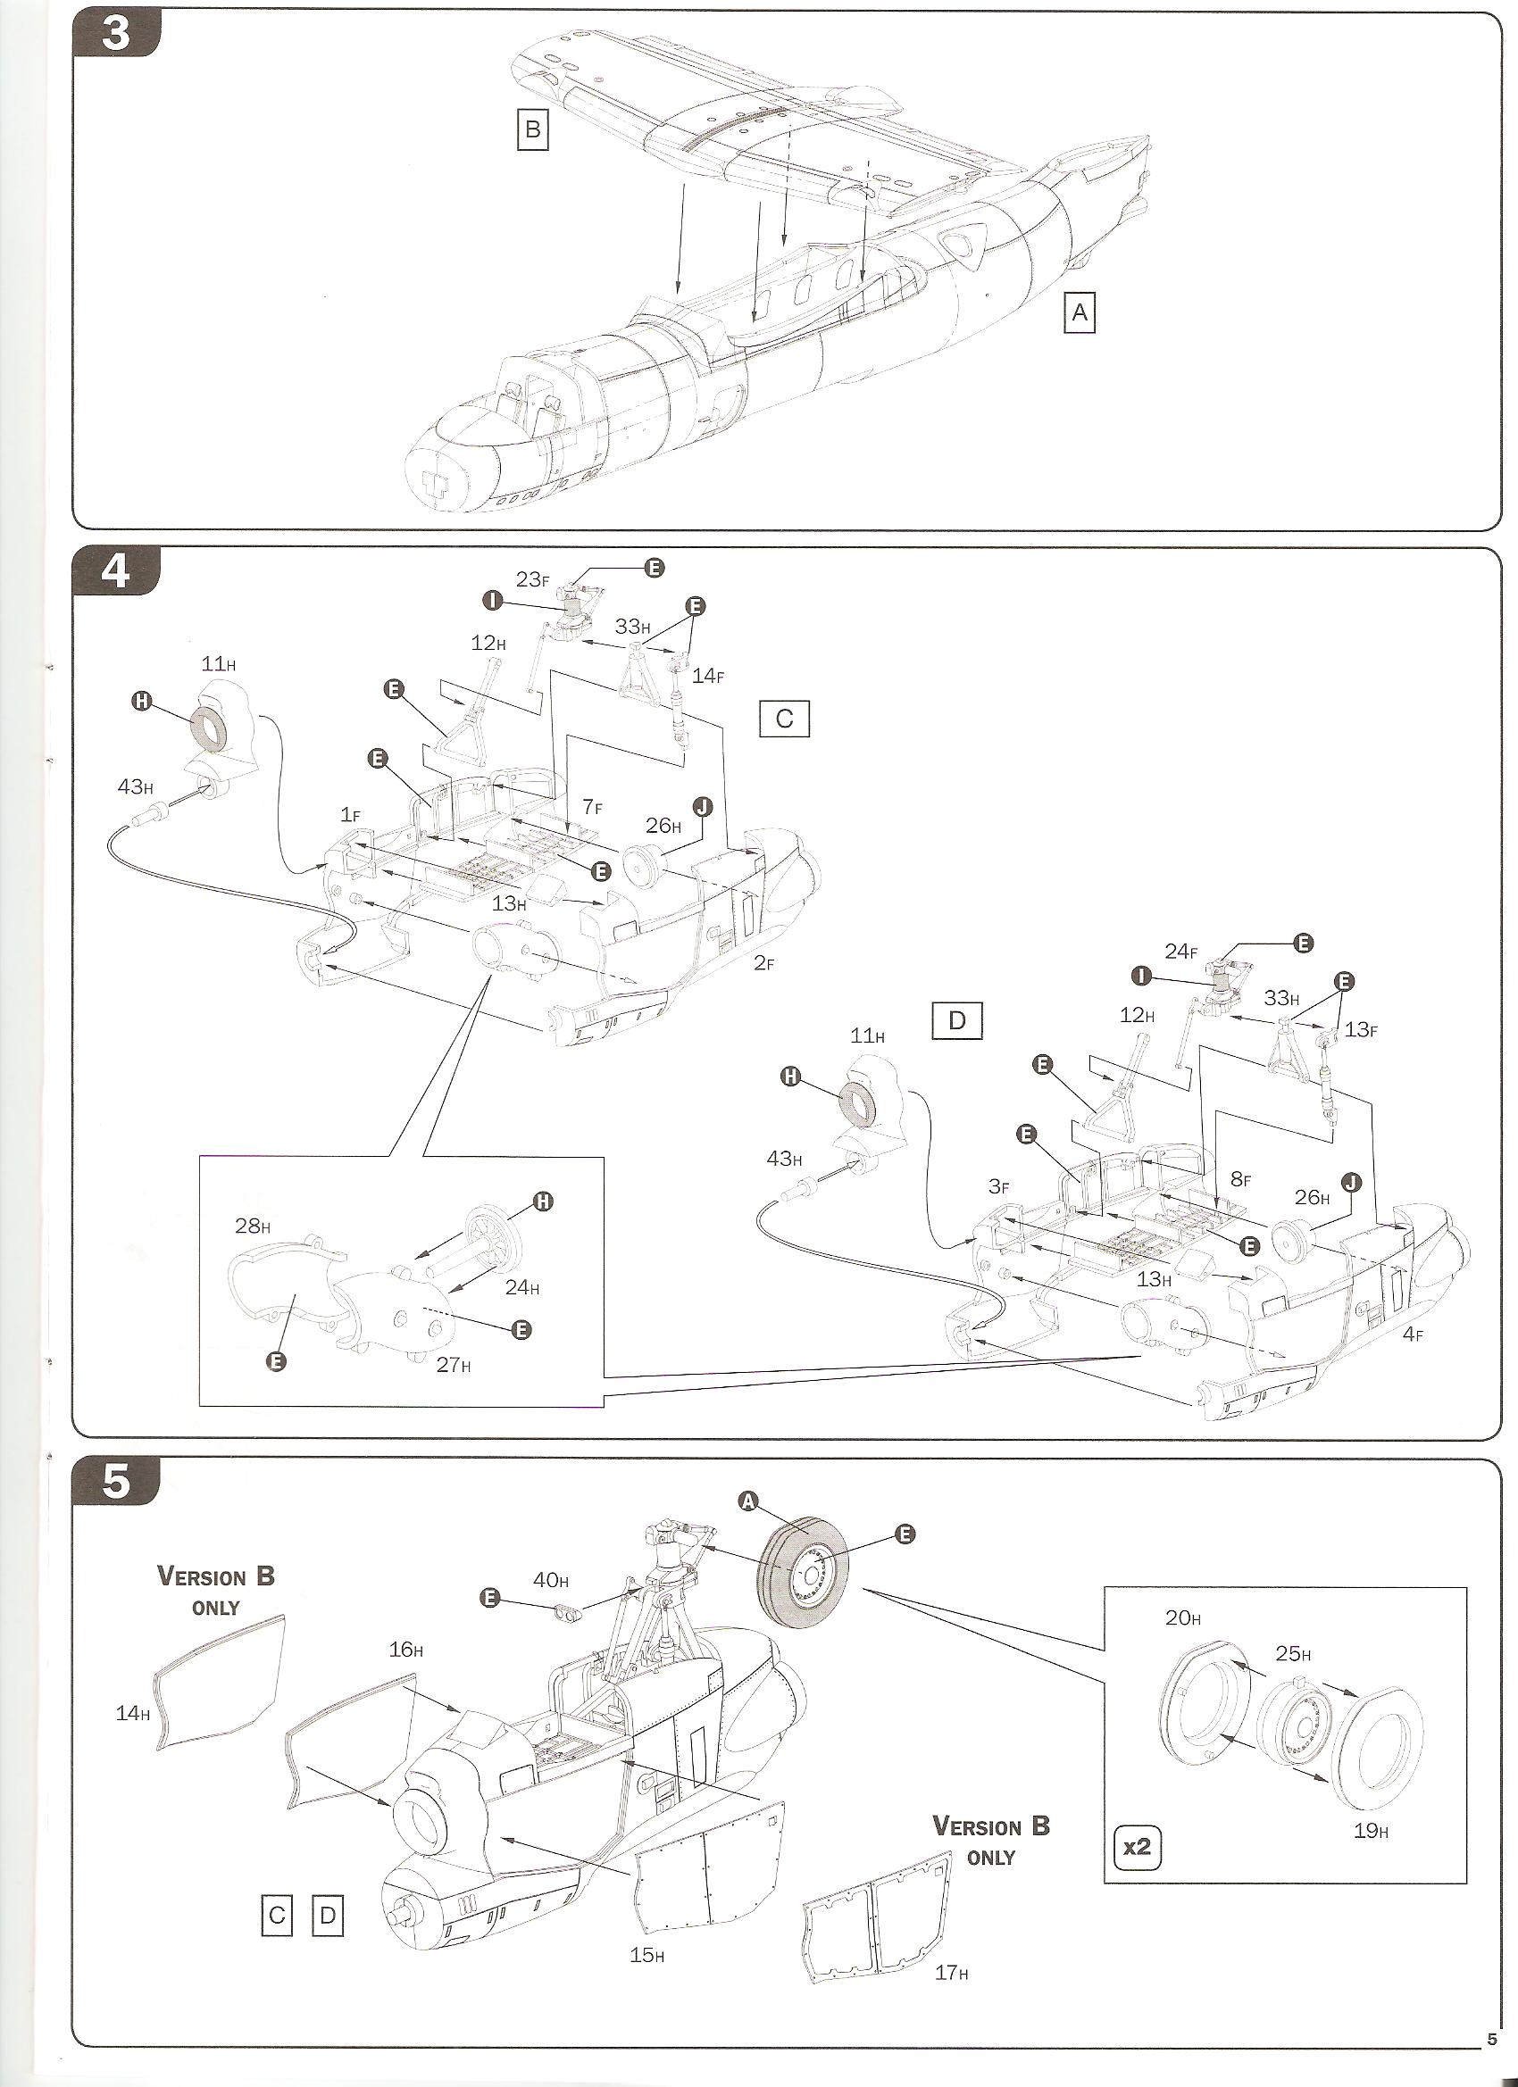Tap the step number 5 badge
click(115, 1484)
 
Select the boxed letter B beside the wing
click(532, 129)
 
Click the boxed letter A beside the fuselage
click(1079, 314)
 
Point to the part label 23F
click(533, 578)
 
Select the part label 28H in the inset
click(252, 1226)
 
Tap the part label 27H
click(454, 1365)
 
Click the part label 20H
click(1182, 1617)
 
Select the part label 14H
click(132, 1712)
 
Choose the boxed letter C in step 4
click(784, 719)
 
